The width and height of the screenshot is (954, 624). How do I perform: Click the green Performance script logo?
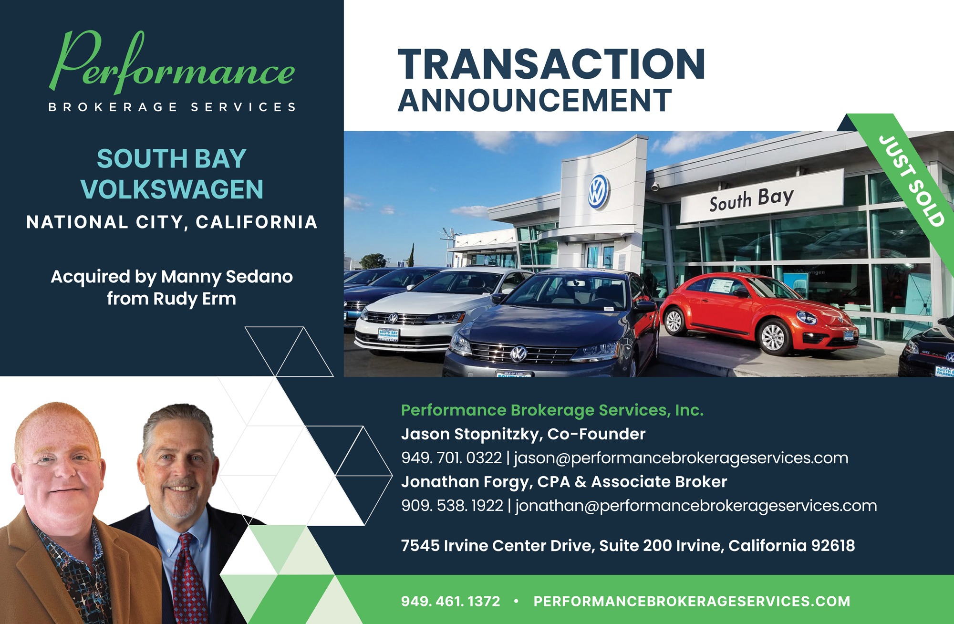(172, 64)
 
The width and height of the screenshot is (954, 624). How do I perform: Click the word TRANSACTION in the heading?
(551, 64)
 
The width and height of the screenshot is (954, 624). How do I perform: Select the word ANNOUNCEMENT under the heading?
(535, 100)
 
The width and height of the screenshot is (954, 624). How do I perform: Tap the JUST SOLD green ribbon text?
(911, 181)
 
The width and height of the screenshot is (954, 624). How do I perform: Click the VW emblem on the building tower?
(598, 191)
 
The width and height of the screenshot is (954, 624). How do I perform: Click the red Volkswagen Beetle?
(758, 312)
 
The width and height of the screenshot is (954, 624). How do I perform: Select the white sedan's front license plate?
(388, 334)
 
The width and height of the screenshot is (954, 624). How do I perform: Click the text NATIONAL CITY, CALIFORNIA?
(172, 222)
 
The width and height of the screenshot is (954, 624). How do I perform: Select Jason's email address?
(681, 458)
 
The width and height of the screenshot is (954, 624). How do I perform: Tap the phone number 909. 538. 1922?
(452, 506)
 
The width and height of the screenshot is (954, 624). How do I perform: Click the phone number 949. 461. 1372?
(450, 601)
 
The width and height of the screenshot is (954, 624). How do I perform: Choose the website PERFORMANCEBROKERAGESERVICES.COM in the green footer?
(692, 601)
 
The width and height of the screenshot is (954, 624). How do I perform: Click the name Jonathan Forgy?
(466, 482)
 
